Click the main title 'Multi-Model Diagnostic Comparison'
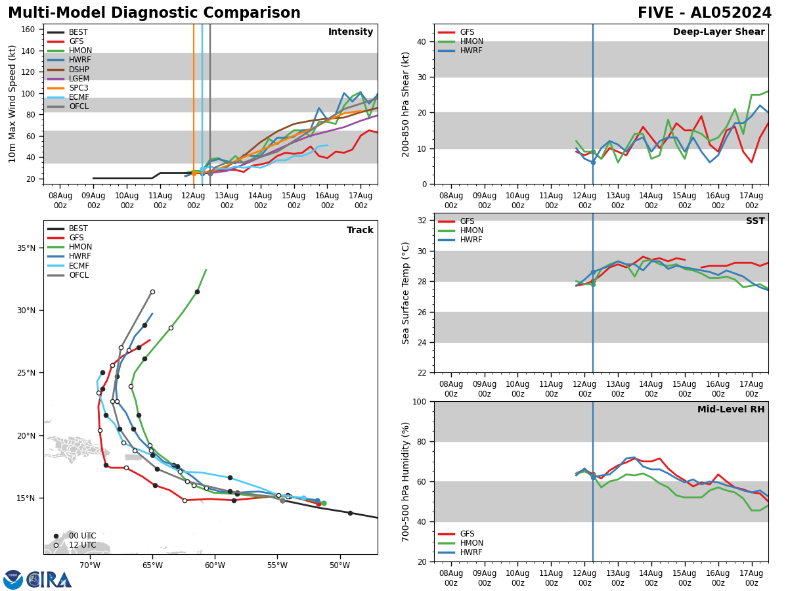click(154, 13)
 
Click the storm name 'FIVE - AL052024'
click(705, 13)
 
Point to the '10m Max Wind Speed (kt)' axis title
click(12, 104)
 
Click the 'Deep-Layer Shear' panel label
click(718, 32)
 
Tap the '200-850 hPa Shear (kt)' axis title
click(406, 104)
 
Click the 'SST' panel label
click(755, 221)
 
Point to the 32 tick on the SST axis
click(424, 220)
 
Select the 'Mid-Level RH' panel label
click(731, 410)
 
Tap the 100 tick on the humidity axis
click(421, 401)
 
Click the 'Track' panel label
click(360, 230)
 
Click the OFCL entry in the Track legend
click(79, 275)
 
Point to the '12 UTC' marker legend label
click(82, 545)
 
